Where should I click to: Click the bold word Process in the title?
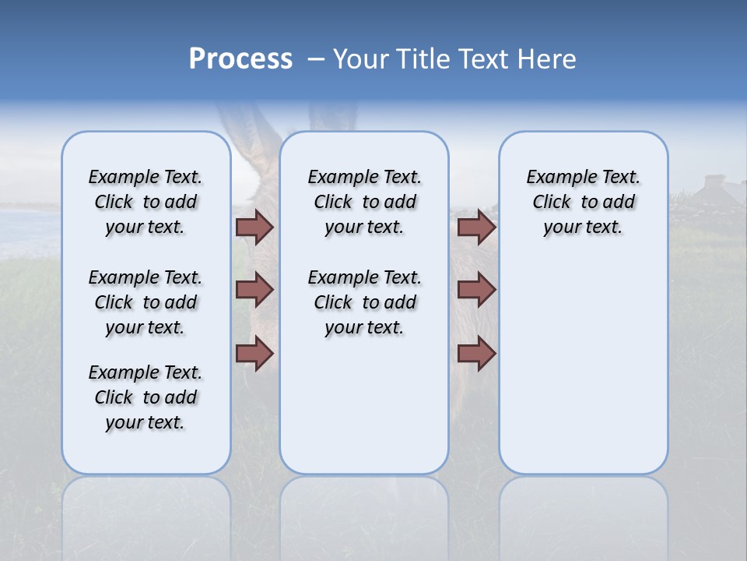coord(240,59)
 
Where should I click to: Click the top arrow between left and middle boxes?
coord(254,228)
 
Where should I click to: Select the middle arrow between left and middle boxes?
coord(254,290)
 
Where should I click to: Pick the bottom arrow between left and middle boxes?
coord(254,354)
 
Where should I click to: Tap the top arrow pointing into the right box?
coord(476,228)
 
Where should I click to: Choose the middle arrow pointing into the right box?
coord(476,290)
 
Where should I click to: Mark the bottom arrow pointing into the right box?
coord(476,354)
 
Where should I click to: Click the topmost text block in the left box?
coord(146,202)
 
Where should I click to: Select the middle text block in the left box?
coord(146,302)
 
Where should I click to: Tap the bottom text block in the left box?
coord(146,397)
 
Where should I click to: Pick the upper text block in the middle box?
coord(364,202)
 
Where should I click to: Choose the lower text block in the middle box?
coord(364,302)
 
